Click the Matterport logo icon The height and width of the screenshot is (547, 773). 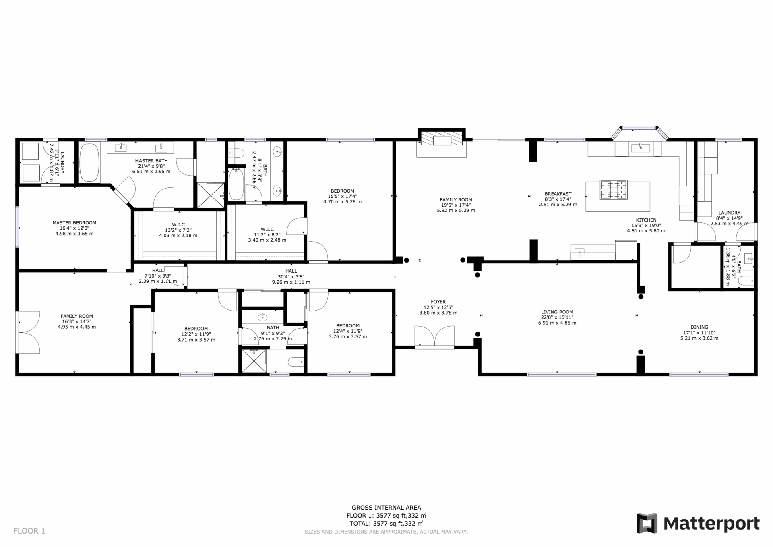[647, 523]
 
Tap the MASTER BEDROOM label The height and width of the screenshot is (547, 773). [74, 223]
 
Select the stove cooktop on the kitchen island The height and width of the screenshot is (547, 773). [614, 190]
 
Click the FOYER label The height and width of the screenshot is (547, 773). [438, 302]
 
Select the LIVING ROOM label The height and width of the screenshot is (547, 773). [557, 312]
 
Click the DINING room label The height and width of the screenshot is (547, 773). [699, 327]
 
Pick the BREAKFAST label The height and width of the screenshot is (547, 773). [558, 194]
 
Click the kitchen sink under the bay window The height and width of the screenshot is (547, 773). [641, 148]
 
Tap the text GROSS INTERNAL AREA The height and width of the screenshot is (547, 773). [386, 508]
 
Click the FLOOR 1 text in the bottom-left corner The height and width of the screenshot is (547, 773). [29, 531]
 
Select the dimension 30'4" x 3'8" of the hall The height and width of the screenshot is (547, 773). [291, 277]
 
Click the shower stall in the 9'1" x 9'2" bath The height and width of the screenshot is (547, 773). [254, 361]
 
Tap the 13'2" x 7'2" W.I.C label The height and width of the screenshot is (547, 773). [178, 230]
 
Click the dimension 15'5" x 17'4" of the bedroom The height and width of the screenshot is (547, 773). [343, 196]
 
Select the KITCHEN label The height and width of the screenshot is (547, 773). [646, 220]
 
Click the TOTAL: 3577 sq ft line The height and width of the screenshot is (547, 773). [386, 524]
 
